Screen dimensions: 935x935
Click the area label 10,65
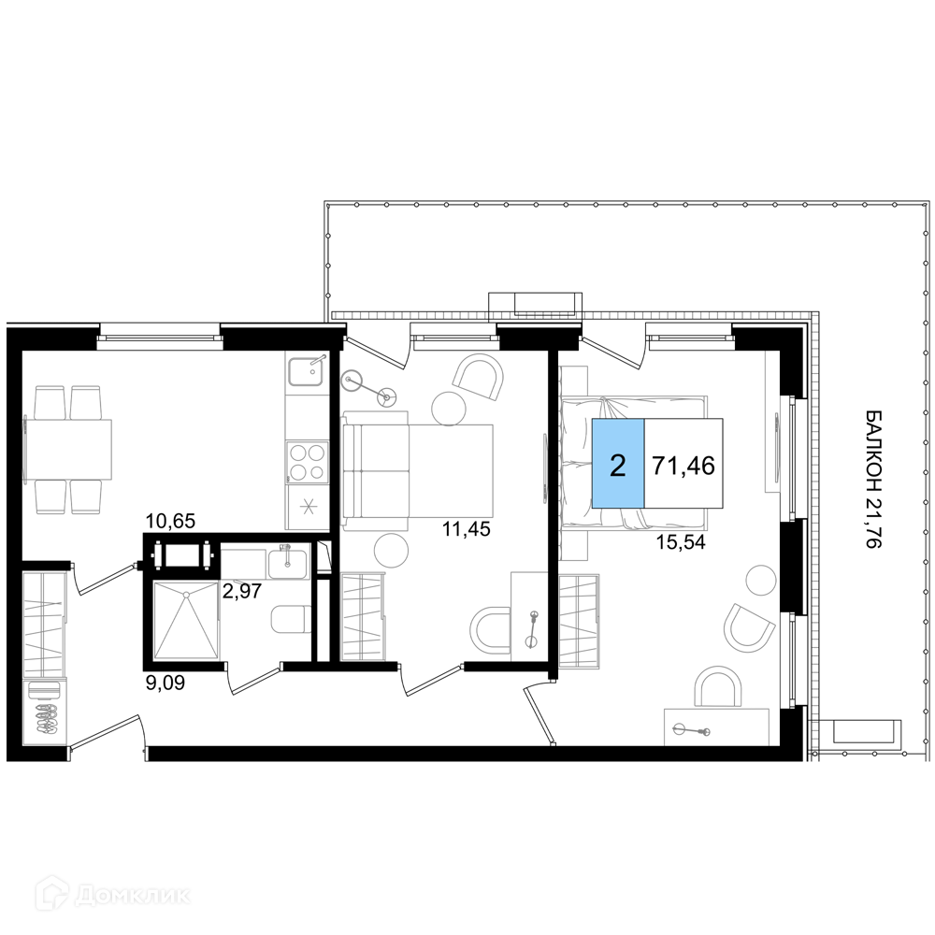pyautogui.click(x=171, y=521)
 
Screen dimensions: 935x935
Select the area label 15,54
pyautogui.click(x=681, y=542)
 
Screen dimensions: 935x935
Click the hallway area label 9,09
pyautogui.click(x=165, y=682)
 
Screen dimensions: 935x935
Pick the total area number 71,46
pyautogui.click(x=683, y=465)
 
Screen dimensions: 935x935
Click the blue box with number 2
pyautogui.click(x=618, y=464)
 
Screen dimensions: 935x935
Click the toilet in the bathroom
pyautogui.click(x=290, y=620)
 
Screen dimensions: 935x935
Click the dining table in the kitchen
pyautogui.click(x=68, y=449)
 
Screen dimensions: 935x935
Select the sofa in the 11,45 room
pyautogui.click(x=417, y=470)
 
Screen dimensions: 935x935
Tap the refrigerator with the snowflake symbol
pyautogui.click(x=307, y=507)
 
